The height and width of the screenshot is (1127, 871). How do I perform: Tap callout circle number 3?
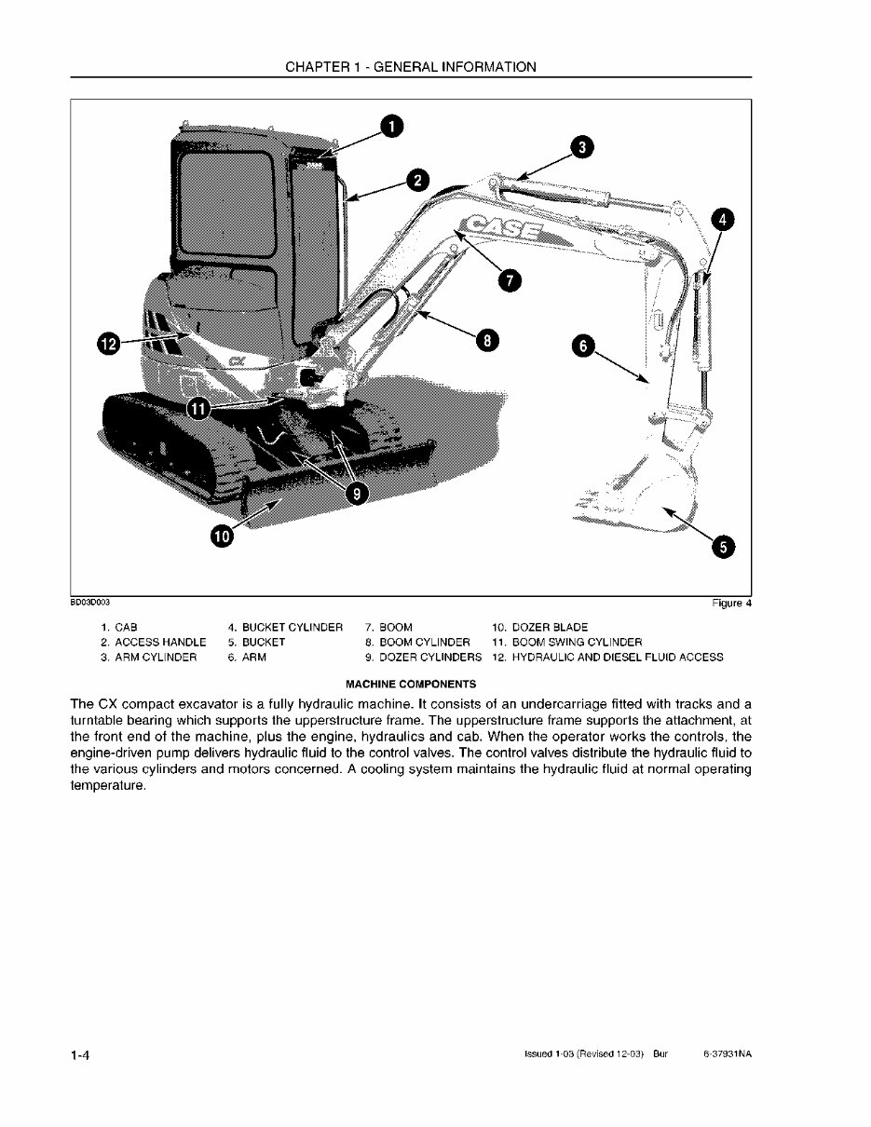580,147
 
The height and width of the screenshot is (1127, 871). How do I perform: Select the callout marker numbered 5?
722,547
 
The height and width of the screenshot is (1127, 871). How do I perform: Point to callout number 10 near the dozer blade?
222,536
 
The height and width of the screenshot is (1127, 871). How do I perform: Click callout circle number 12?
109,345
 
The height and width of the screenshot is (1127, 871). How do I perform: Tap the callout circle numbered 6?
582,346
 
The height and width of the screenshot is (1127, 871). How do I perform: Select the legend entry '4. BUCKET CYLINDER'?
285,627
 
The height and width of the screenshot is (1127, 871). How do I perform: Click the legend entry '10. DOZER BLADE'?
539,627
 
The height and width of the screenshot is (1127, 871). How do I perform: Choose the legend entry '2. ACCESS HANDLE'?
153,642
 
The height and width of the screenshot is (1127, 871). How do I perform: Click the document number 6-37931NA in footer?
728,1054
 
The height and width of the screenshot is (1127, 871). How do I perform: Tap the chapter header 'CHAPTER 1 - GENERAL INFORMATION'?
411,67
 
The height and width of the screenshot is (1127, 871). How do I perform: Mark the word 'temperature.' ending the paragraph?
109,786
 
